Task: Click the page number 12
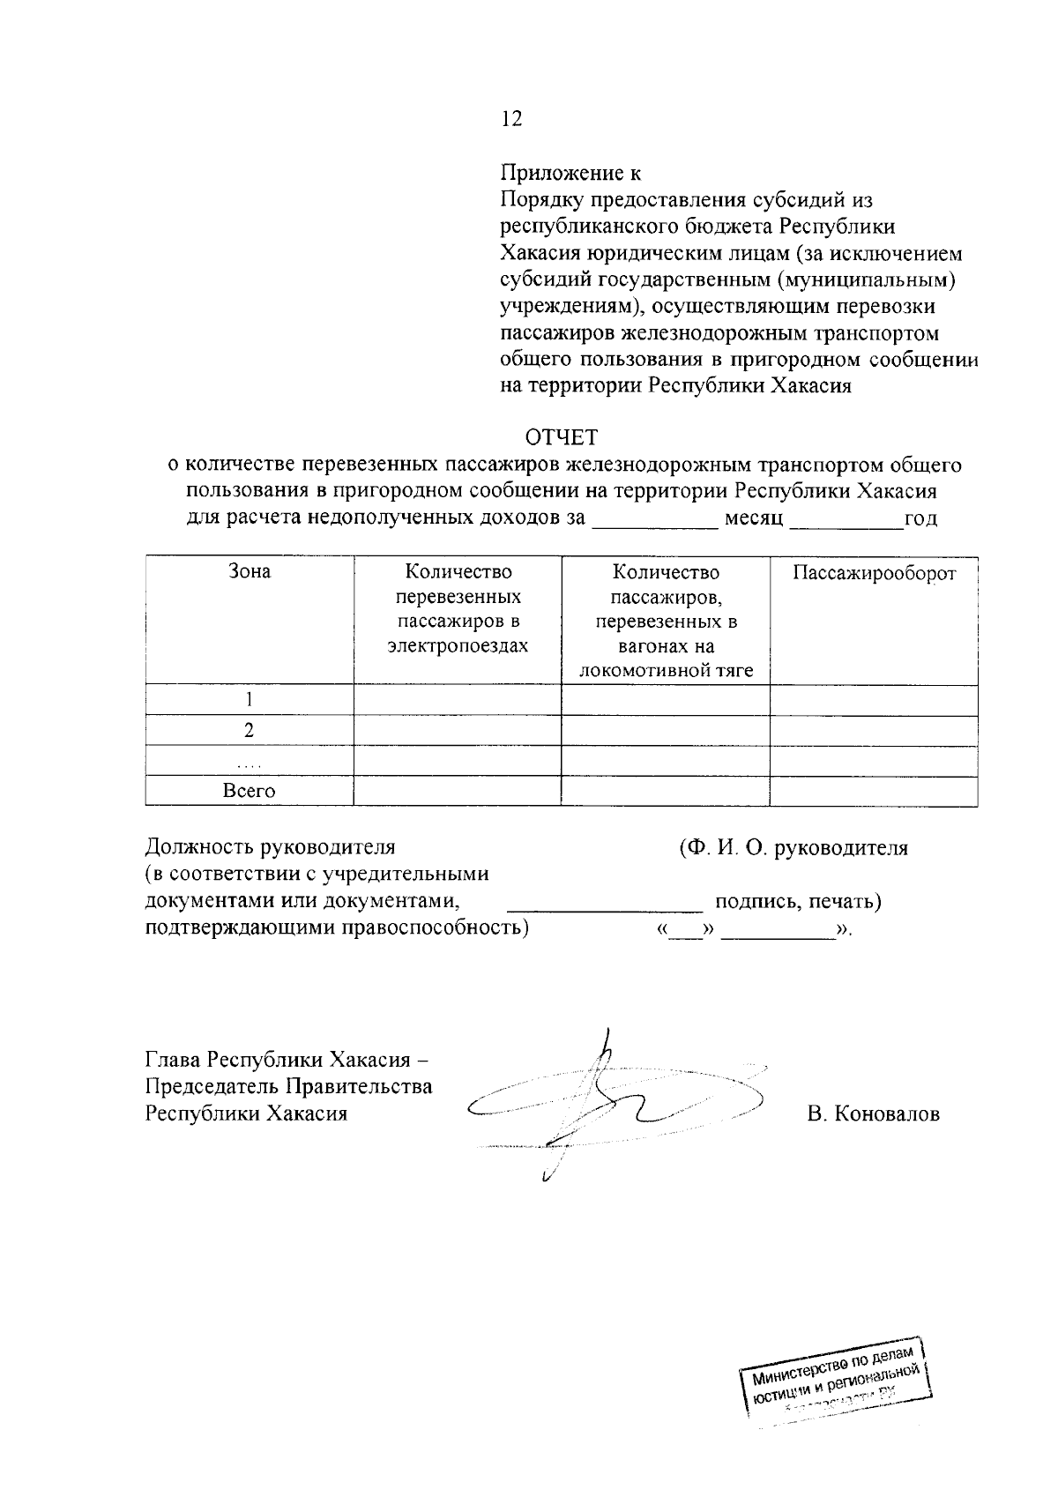point(511,119)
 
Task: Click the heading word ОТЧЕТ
point(562,437)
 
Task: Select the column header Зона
point(250,572)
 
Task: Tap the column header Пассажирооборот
point(874,574)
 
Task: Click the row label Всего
point(250,792)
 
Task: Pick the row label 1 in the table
point(250,700)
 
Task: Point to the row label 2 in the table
point(250,731)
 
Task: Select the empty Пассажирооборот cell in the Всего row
point(874,792)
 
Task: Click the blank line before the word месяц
point(655,520)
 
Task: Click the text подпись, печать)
point(798,902)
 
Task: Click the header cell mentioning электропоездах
point(458,609)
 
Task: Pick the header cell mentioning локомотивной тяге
point(666,622)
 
